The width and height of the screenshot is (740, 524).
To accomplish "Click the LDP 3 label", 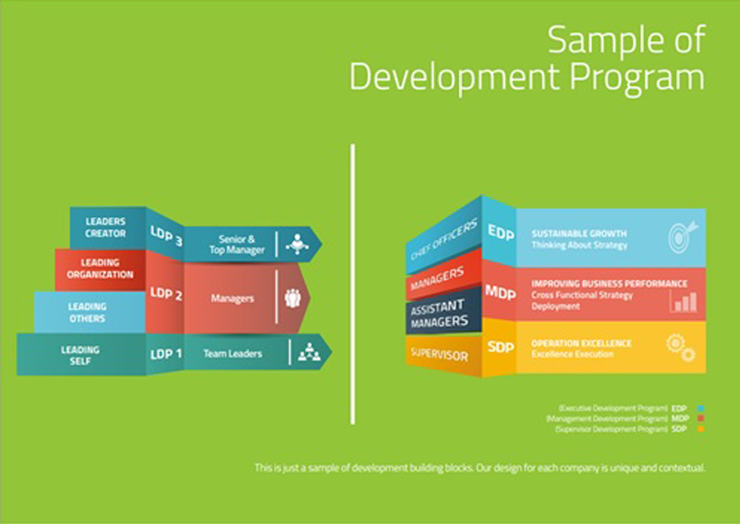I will pyautogui.click(x=165, y=235).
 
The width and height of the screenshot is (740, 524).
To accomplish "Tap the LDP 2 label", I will pyautogui.click(x=165, y=294).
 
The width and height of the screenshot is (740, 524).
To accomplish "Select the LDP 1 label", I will pyautogui.click(x=165, y=354).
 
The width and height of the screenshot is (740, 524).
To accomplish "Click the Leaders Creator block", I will pyautogui.click(x=106, y=227).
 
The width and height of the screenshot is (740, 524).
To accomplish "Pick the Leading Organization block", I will pyautogui.click(x=100, y=269).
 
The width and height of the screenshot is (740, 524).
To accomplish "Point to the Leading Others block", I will pyautogui.click(x=87, y=312).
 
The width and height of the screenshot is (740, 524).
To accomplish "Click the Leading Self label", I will pyautogui.click(x=80, y=355).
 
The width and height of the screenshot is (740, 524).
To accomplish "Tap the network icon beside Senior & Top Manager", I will pyautogui.click(x=297, y=244).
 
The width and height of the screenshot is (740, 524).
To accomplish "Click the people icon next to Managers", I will pyautogui.click(x=293, y=298).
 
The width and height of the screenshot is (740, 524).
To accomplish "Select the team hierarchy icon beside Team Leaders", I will pyautogui.click(x=309, y=352).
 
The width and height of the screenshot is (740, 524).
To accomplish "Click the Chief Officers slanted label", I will pyautogui.click(x=443, y=239).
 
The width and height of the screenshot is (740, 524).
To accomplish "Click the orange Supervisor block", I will pyautogui.click(x=439, y=354).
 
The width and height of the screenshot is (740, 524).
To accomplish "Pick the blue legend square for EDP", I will pyautogui.click(x=701, y=408).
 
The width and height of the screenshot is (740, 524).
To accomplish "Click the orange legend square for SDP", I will pyautogui.click(x=701, y=429).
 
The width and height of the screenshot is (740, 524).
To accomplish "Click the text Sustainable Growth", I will pyautogui.click(x=579, y=233).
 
